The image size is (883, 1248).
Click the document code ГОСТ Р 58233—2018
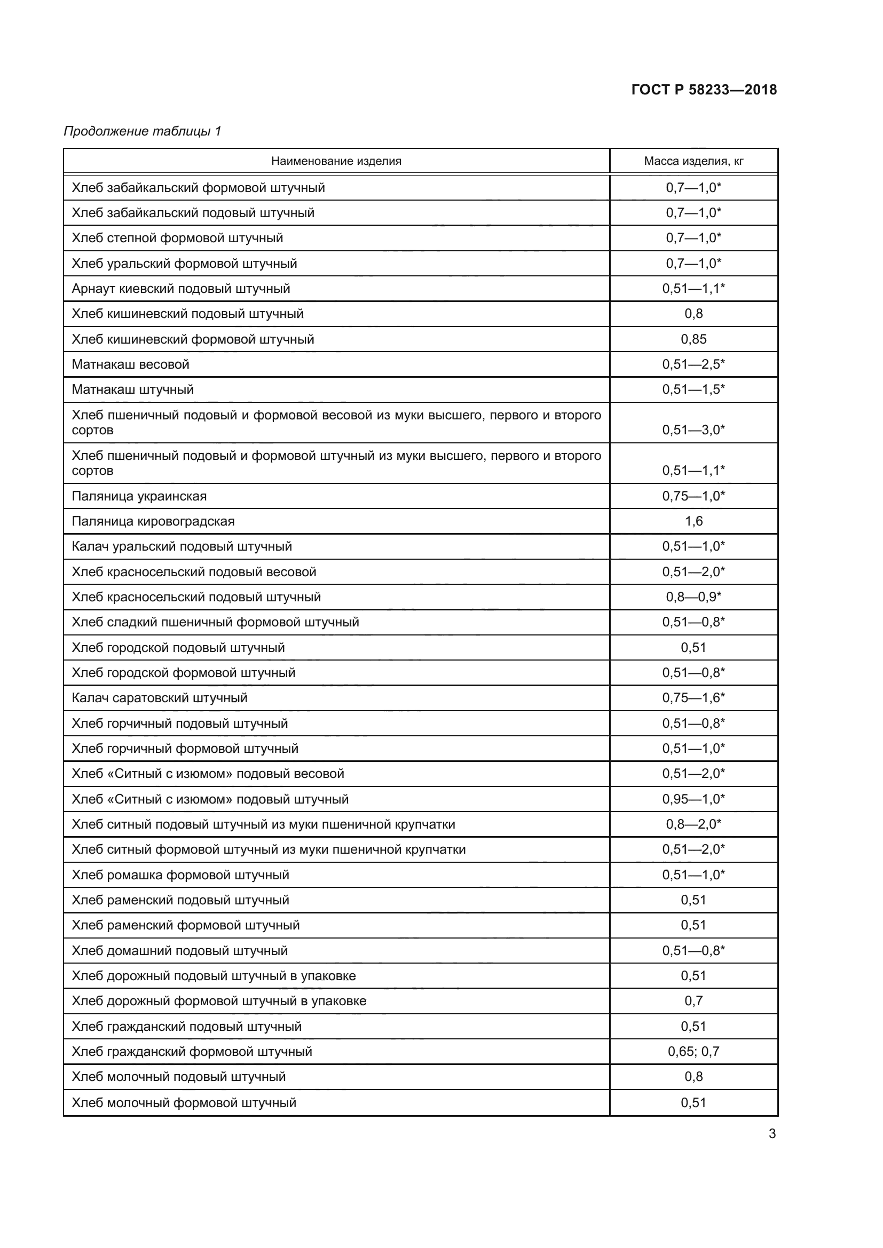[x=704, y=90]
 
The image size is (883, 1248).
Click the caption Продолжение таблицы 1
[x=143, y=131]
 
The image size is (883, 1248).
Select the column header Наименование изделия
[x=336, y=161]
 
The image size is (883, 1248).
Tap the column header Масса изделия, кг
[x=694, y=161]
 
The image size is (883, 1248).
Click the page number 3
[x=772, y=1134]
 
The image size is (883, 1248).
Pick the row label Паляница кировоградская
[x=153, y=521]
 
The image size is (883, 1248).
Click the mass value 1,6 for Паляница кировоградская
[x=694, y=521]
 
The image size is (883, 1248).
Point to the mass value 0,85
[x=694, y=339]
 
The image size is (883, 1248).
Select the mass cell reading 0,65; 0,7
[x=694, y=1051]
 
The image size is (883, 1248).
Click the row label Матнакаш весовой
[x=130, y=364]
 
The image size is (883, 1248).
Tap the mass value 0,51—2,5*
[x=694, y=364]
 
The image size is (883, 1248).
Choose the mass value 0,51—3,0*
[x=694, y=430]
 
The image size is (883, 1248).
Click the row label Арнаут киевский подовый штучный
[x=181, y=289]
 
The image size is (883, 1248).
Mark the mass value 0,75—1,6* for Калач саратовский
[x=694, y=698]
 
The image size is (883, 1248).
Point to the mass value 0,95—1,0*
[x=694, y=799]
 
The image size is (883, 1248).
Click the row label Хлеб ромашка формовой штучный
[x=180, y=875]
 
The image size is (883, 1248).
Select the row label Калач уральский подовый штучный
[x=182, y=546]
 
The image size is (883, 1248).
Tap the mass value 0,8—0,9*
[x=694, y=597]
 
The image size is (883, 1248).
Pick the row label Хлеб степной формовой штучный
[x=178, y=238]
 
